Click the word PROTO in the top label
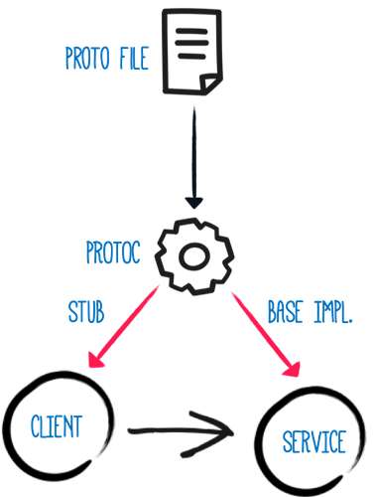tap(87, 58)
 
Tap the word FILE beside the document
tap(134, 58)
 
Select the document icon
tap(192, 52)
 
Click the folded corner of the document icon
tap(210, 83)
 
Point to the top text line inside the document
tap(191, 32)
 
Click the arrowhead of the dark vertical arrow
tap(194, 203)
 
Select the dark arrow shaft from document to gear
tap(194, 152)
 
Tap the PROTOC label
tap(113, 252)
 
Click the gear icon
tap(194, 256)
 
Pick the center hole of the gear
tap(194, 256)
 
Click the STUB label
tap(86, 312)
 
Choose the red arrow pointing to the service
tap(266, 334)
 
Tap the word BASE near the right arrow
tap(285, 312)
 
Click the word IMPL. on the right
tap(332, 312)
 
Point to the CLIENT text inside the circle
tap(57, 426)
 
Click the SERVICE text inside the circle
tap(314, 441)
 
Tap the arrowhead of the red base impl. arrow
tap(293, 370)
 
